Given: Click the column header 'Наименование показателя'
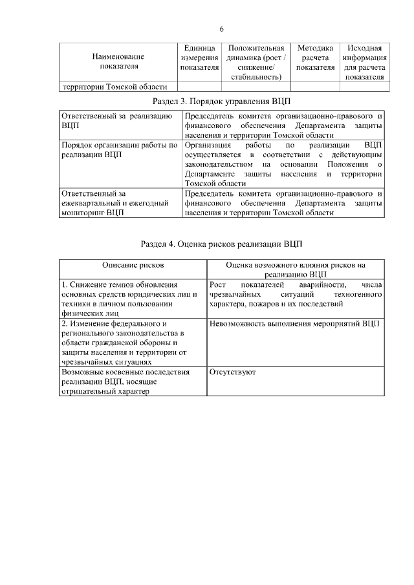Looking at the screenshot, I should point(118,61).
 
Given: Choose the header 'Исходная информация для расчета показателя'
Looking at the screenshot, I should point(364,62).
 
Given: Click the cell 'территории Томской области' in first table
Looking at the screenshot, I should point(114,87).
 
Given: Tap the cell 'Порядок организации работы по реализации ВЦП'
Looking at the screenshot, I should point(118,151).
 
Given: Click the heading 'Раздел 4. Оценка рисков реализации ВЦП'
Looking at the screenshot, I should point(221,244).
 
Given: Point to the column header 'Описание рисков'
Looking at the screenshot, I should point(133,265).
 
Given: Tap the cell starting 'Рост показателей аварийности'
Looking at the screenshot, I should point(295,294).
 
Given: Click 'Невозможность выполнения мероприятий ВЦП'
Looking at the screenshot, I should point(294,323).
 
